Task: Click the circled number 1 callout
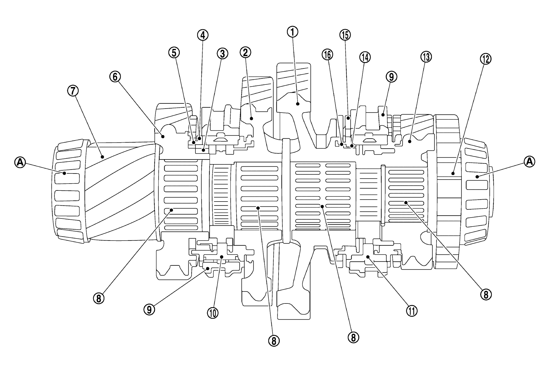[292, 32]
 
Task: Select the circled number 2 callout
[245, 52]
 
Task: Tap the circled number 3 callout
[222, 54]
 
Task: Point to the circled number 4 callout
[203, 35]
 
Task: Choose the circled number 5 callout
[174, 53]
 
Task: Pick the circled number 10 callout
[213, 312]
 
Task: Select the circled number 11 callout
[411, 311]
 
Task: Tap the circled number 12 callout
[485, 59]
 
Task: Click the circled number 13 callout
[426, 57]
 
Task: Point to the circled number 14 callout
[365, 58]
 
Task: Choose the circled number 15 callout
[345, 35]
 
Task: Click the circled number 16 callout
[327, 55]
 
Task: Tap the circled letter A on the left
[20, 162]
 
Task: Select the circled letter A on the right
[529, 161]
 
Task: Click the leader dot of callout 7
[102, 156]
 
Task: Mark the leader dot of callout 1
[298, 104]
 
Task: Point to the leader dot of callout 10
[222, 256]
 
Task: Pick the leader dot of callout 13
[410, 141]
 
